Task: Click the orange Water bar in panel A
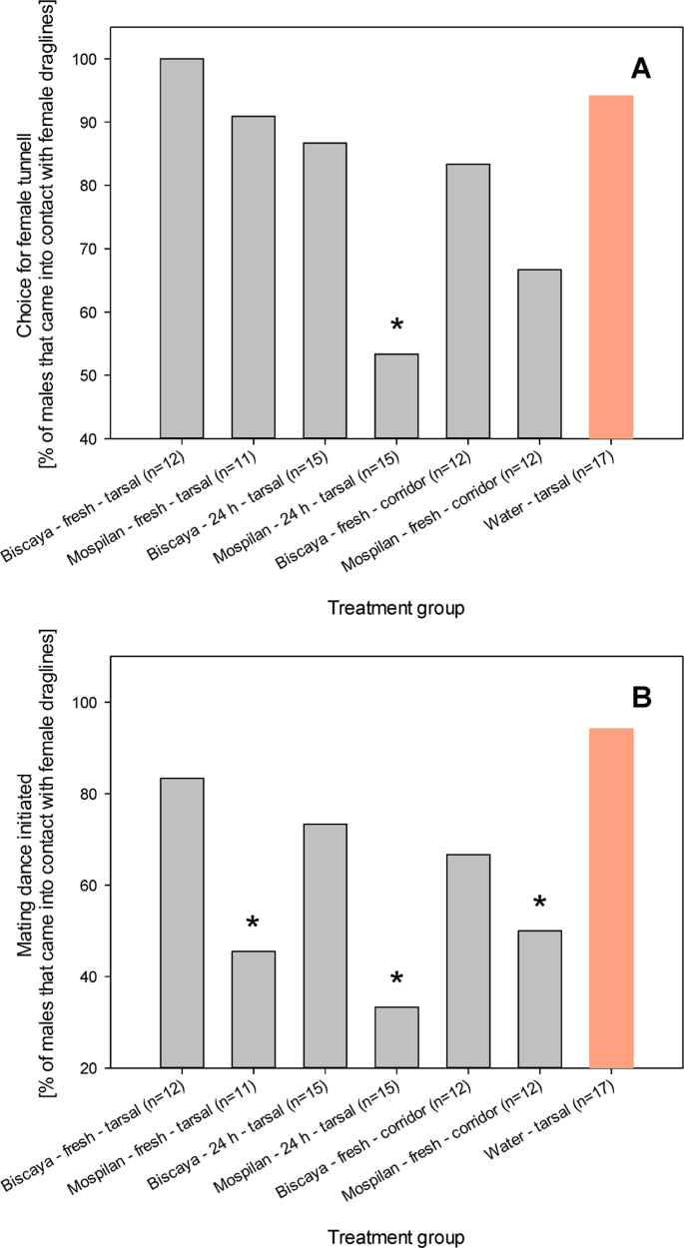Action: [611, 267]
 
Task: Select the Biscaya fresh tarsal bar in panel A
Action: [182, 249]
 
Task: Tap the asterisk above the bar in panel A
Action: [396, 325]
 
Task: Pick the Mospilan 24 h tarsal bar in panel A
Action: [396, 396]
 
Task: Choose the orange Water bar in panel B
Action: [611, 899]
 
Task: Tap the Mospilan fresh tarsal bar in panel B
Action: [254, 1009]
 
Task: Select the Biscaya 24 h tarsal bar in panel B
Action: [325, 945]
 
